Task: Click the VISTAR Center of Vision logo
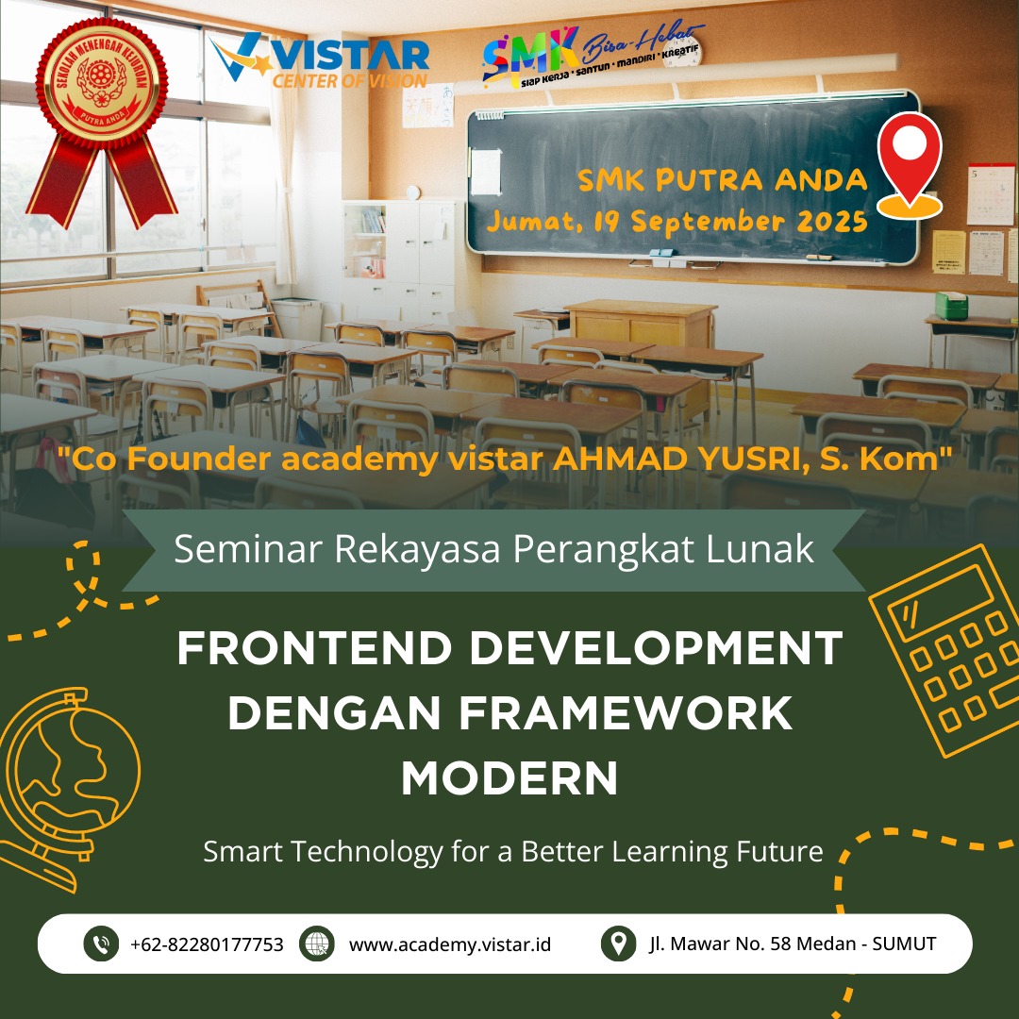[321, 62]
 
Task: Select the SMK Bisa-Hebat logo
[590, 55]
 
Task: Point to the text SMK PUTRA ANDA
[723, 179]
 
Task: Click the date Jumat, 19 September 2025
[677, 222]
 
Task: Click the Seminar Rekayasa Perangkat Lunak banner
[493, 550]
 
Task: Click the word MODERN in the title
[509, 779]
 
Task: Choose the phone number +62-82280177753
[207, 944]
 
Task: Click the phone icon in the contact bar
[101, 944]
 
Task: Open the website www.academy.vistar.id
[450, 944]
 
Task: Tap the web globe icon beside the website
[317, 944]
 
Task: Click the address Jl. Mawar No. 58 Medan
[793, 944]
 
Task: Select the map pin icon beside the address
[618, 944]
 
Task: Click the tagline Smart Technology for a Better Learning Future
[513, 852]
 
